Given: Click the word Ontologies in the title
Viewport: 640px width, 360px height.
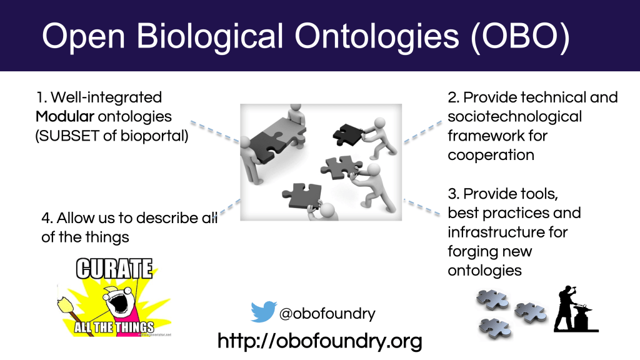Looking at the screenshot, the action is coord(377,37).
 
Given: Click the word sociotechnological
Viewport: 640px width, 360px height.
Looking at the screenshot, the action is coord(514,117).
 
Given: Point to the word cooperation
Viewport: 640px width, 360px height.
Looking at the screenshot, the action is coord(491,155).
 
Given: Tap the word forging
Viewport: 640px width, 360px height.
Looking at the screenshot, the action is coord(472,251).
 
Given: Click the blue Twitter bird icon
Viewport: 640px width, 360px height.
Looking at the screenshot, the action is coord(264,311).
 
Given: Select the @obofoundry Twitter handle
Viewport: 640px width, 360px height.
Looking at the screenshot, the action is coord(327,314).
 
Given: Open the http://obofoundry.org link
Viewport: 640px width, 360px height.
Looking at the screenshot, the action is coord(319,341).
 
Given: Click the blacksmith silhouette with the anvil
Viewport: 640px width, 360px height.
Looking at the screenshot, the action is coord(575,309).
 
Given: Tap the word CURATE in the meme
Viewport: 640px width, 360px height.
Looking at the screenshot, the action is coord(114,269).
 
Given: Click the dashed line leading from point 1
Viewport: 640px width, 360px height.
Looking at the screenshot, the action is coord(215,131).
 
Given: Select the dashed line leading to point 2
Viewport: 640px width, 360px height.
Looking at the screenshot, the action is coord(423,132).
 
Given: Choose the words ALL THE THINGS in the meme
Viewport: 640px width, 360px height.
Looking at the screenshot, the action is coord(114,327).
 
